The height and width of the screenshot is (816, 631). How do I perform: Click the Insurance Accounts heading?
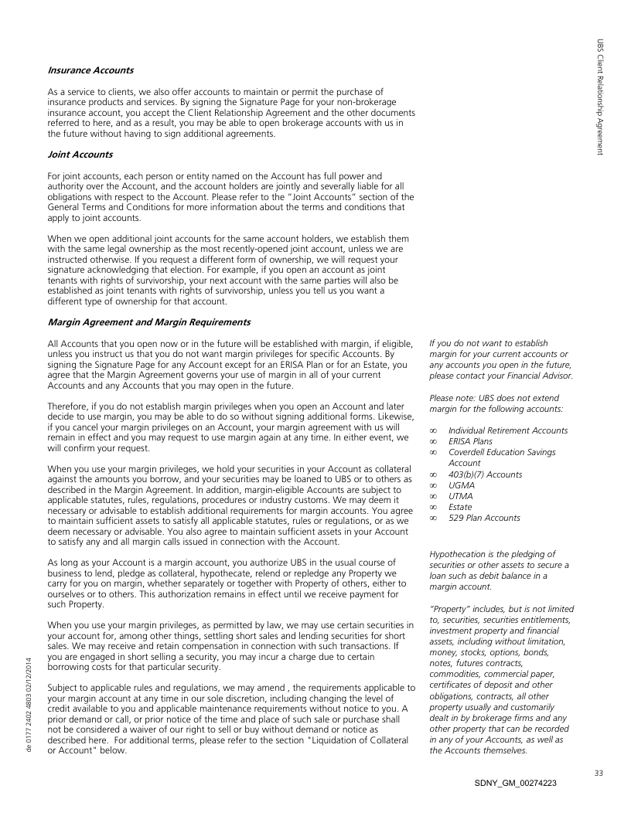point(90,71)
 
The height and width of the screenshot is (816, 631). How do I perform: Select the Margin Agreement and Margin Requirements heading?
point(149,321)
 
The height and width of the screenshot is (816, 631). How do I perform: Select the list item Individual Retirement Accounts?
point(508,430)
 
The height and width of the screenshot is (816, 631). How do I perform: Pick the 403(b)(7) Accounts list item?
point(485,474)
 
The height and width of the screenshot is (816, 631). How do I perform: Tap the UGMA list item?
point(462,485)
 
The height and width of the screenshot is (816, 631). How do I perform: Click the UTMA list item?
point(462,496)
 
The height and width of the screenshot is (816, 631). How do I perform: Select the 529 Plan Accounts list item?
point(484,518)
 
